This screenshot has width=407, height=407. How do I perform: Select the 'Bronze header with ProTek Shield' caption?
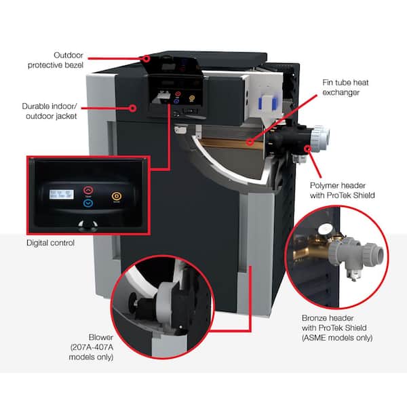(337, 327)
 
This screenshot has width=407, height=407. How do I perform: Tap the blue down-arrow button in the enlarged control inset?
(89, 202)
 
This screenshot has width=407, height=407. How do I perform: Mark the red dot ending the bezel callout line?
(147, 59)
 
